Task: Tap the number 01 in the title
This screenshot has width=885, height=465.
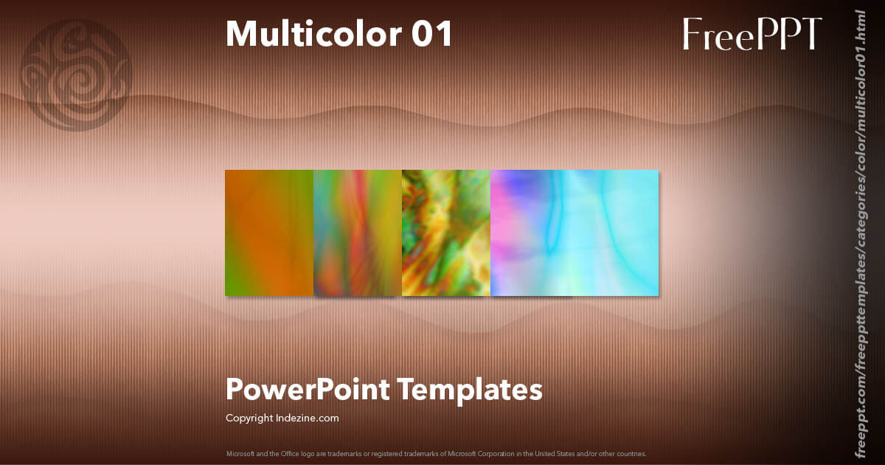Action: pos(432,34)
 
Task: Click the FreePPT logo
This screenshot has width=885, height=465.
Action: pos(752,34)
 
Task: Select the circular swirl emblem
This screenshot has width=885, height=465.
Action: pos(76,75)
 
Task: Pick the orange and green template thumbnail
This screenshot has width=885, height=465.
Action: pos(269,233)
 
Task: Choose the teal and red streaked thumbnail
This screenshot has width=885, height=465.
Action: pos(358,233)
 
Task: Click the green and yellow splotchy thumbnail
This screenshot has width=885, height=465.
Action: pos(446,233)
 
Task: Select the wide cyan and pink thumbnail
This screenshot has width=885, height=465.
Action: pos(575,233)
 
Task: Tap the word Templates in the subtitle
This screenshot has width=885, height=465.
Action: pos(471,389)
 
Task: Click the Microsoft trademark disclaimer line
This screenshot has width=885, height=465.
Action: pos(436,453)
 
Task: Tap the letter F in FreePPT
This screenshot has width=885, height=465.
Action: pos(692,34)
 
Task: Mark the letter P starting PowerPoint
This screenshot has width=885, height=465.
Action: pos(234,389)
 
